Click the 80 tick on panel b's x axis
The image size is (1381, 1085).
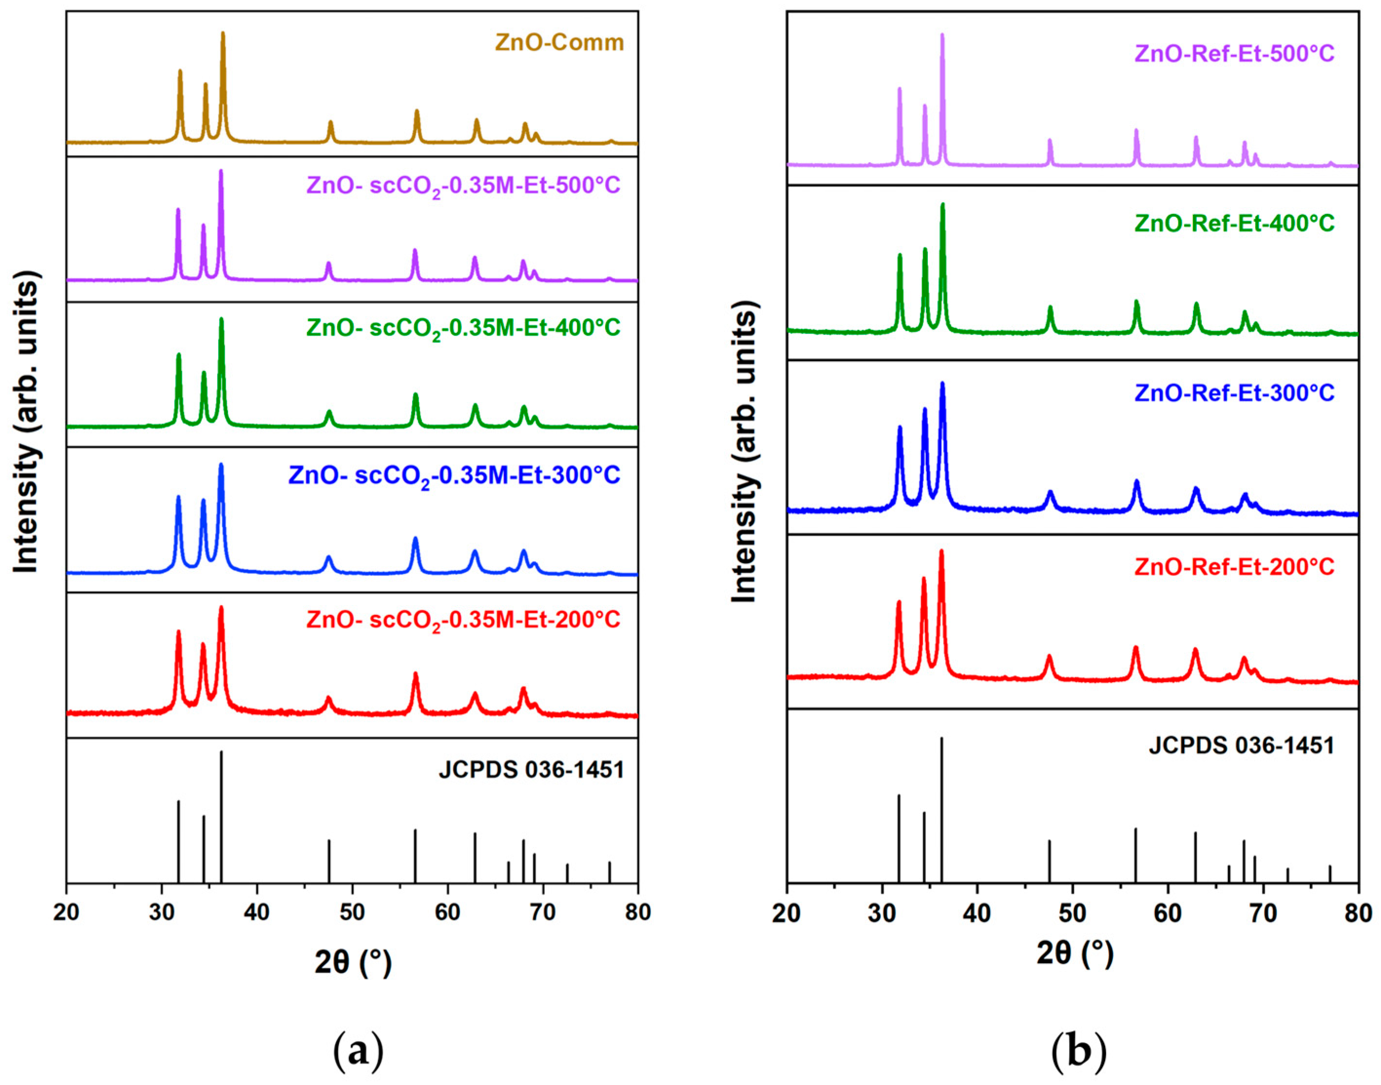(1358, 913)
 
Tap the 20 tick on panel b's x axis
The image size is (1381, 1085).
(787, 913)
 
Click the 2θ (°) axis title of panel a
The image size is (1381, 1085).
(353, 962)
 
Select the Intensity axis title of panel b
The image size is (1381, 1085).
(745, 454)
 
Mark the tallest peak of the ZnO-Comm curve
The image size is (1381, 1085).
(223, 33)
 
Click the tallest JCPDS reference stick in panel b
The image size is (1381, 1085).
(941, 740)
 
